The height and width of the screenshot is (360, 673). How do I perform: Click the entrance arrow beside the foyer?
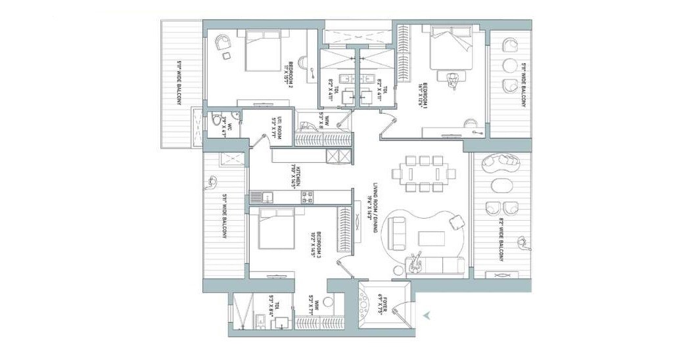pyautogui.click(x=427, y=315)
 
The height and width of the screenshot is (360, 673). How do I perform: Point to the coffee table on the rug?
pyautogui.click(x=432, y=238)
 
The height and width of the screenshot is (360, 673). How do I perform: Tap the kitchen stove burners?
pyautogui.click(x=308, y=196)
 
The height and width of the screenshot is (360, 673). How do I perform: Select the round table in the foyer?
pyautogui.click(x=365, y=304)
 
